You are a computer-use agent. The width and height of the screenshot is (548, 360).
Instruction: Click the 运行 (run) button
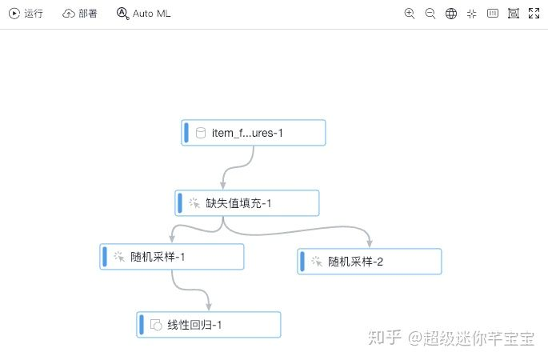26,14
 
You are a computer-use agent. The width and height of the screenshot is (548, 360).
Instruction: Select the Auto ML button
144,14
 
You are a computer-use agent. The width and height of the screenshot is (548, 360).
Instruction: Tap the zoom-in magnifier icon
410,14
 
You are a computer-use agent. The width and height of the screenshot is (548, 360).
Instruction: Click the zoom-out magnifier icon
430,14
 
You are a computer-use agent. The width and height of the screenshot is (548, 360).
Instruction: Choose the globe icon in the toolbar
451,14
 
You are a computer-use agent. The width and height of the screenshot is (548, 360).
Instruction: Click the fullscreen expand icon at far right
534,14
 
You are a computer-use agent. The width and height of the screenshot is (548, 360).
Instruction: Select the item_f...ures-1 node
254,133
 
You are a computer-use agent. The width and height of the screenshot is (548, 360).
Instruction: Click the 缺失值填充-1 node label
239,203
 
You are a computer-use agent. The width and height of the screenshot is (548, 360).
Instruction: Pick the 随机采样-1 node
172,257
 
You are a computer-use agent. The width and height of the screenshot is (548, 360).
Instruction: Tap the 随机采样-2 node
370,262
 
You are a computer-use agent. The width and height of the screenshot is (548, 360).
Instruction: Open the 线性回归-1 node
209,325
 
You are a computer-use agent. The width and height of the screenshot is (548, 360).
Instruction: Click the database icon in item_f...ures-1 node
201,133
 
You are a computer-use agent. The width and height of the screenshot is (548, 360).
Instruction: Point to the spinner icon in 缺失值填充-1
194,203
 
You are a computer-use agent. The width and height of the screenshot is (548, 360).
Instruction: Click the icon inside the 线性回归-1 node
156,325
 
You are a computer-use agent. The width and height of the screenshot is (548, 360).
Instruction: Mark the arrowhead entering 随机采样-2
370,244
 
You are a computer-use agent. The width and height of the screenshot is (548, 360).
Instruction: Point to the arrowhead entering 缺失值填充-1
223,186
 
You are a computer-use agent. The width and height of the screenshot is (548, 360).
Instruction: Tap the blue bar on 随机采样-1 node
105,257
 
